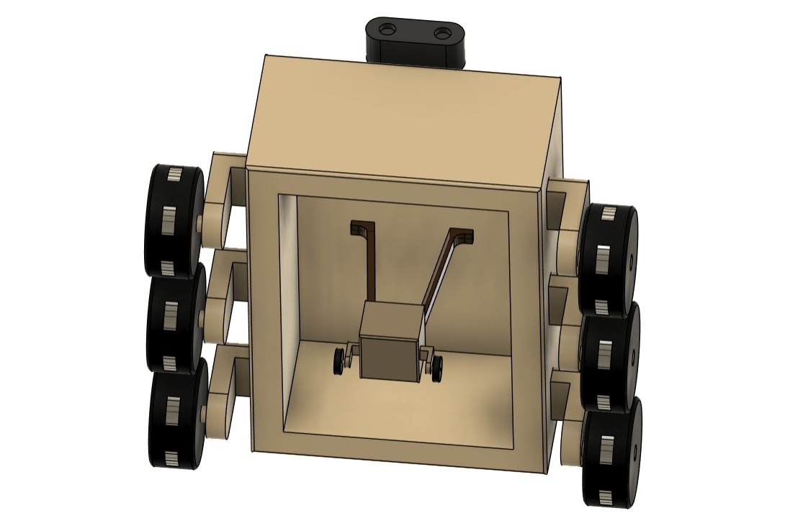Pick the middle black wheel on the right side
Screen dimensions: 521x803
pos(610,357)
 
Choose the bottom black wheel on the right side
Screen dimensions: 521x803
pos(611,453)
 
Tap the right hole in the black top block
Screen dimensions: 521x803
pos(442,33)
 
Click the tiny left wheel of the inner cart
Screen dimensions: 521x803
pos(338,361)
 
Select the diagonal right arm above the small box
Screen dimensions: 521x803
pos(444,266)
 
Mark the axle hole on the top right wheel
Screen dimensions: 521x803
pos(631,255)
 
